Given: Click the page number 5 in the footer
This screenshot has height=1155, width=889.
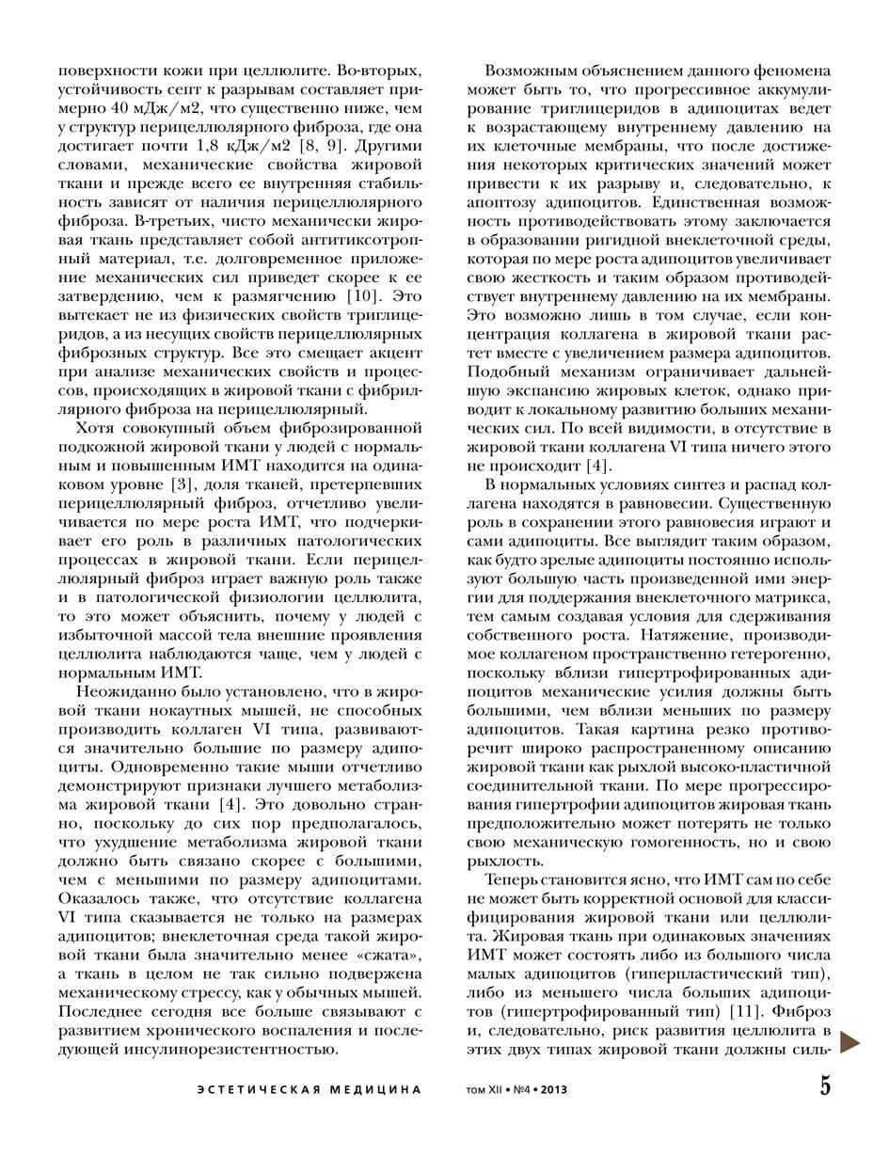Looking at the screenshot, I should tap(825, 1087).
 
